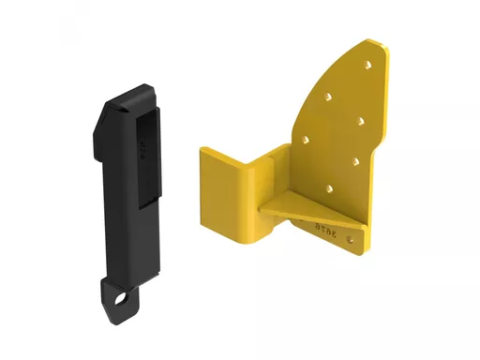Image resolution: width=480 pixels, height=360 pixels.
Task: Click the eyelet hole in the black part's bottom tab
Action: pyautogui.click(x=119, y=300)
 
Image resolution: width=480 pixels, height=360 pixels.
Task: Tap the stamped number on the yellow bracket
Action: pyautogui.click(x=328, y=225)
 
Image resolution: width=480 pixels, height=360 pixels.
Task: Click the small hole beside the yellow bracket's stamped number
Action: pyautogui.click(x=352, y=242)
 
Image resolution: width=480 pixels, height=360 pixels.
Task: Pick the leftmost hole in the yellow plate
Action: pyautogui.click(x=308, y=141)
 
